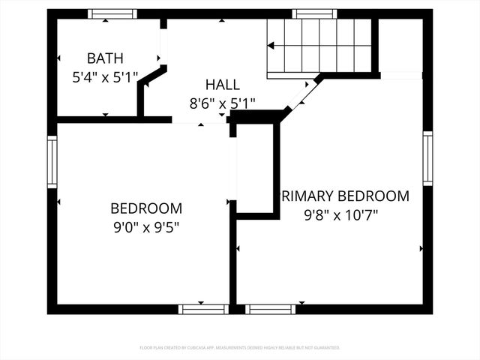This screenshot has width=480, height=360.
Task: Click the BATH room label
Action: [105, 58]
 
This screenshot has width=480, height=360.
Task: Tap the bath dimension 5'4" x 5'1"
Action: [105, 76]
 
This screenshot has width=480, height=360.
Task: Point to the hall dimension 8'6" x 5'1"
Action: [223, 103]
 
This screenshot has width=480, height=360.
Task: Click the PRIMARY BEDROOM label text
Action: [344, 196]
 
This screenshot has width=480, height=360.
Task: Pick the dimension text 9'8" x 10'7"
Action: [340, 214]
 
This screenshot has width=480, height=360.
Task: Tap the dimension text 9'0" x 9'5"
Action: [145, 225]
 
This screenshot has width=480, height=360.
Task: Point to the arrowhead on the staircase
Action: [271, 46]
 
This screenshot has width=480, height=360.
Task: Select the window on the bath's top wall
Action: [112, 13]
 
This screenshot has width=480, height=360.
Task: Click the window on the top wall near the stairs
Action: [314, 13]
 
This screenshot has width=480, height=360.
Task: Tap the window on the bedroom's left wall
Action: [52, 161]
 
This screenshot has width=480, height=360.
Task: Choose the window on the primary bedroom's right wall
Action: [427, 157]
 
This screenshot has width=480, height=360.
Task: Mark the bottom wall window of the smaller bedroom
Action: [203, 309]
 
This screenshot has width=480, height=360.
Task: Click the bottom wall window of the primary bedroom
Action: [271, 309]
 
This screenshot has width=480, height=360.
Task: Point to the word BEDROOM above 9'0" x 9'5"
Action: [145, 208]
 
